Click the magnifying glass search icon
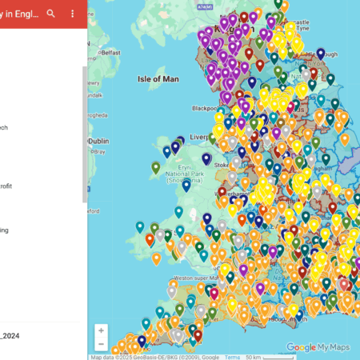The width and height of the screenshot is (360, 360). click(51, 14)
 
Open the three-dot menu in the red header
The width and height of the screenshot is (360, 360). click(73, 14)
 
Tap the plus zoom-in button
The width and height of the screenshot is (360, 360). click(101, 330)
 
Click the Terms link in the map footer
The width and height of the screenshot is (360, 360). click(232, 357)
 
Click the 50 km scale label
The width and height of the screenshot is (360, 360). click(254, 357)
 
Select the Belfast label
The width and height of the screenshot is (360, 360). click(110, 53)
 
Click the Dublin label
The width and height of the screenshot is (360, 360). click(98, 140)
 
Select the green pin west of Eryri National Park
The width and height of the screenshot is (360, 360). click(156, 167)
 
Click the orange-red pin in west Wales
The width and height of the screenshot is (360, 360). click(150, 238)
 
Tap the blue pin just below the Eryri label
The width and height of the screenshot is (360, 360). click(186, 185)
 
